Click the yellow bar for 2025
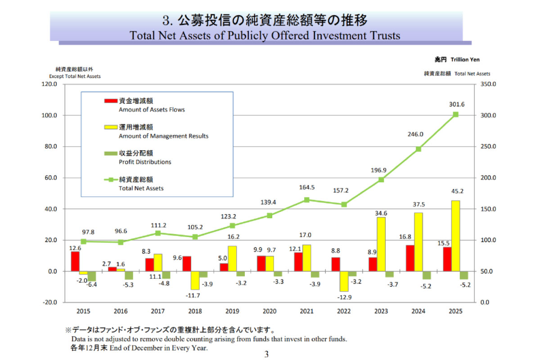click(455, 236)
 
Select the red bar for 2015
click(75, 261)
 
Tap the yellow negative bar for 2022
click(344, 281)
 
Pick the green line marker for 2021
click(306, 200)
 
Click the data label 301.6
click(457, 104)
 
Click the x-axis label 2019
click(233, 310)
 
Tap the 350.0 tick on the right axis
click(488, 85)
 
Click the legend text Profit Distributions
click(145, 162)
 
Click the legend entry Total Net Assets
click(141, 188)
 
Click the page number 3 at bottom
click(266, 354)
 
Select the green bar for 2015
click(92, 276)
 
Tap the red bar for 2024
click(410, 258)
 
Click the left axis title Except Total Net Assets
click(75, 76)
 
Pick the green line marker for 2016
click(120, 242)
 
